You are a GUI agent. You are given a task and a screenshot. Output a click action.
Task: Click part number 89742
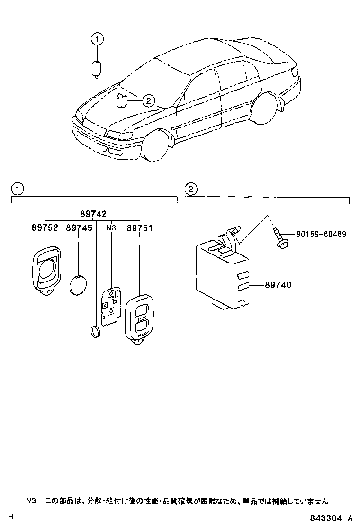(93, 214)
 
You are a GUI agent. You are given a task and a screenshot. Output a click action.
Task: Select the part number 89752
(45, 228)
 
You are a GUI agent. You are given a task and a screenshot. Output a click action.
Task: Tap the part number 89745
(79, 228)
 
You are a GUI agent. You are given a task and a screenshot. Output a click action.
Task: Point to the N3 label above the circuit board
(111, 228)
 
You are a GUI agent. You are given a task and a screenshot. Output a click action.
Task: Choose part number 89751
(139, 228)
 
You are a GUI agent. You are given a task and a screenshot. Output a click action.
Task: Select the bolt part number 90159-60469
(321, 234)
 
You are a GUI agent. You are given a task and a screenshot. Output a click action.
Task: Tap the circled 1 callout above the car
(96, 39)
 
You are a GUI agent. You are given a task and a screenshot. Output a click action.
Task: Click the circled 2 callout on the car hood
(147, 100)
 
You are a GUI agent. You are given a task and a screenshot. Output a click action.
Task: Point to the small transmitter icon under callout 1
(96, 69)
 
